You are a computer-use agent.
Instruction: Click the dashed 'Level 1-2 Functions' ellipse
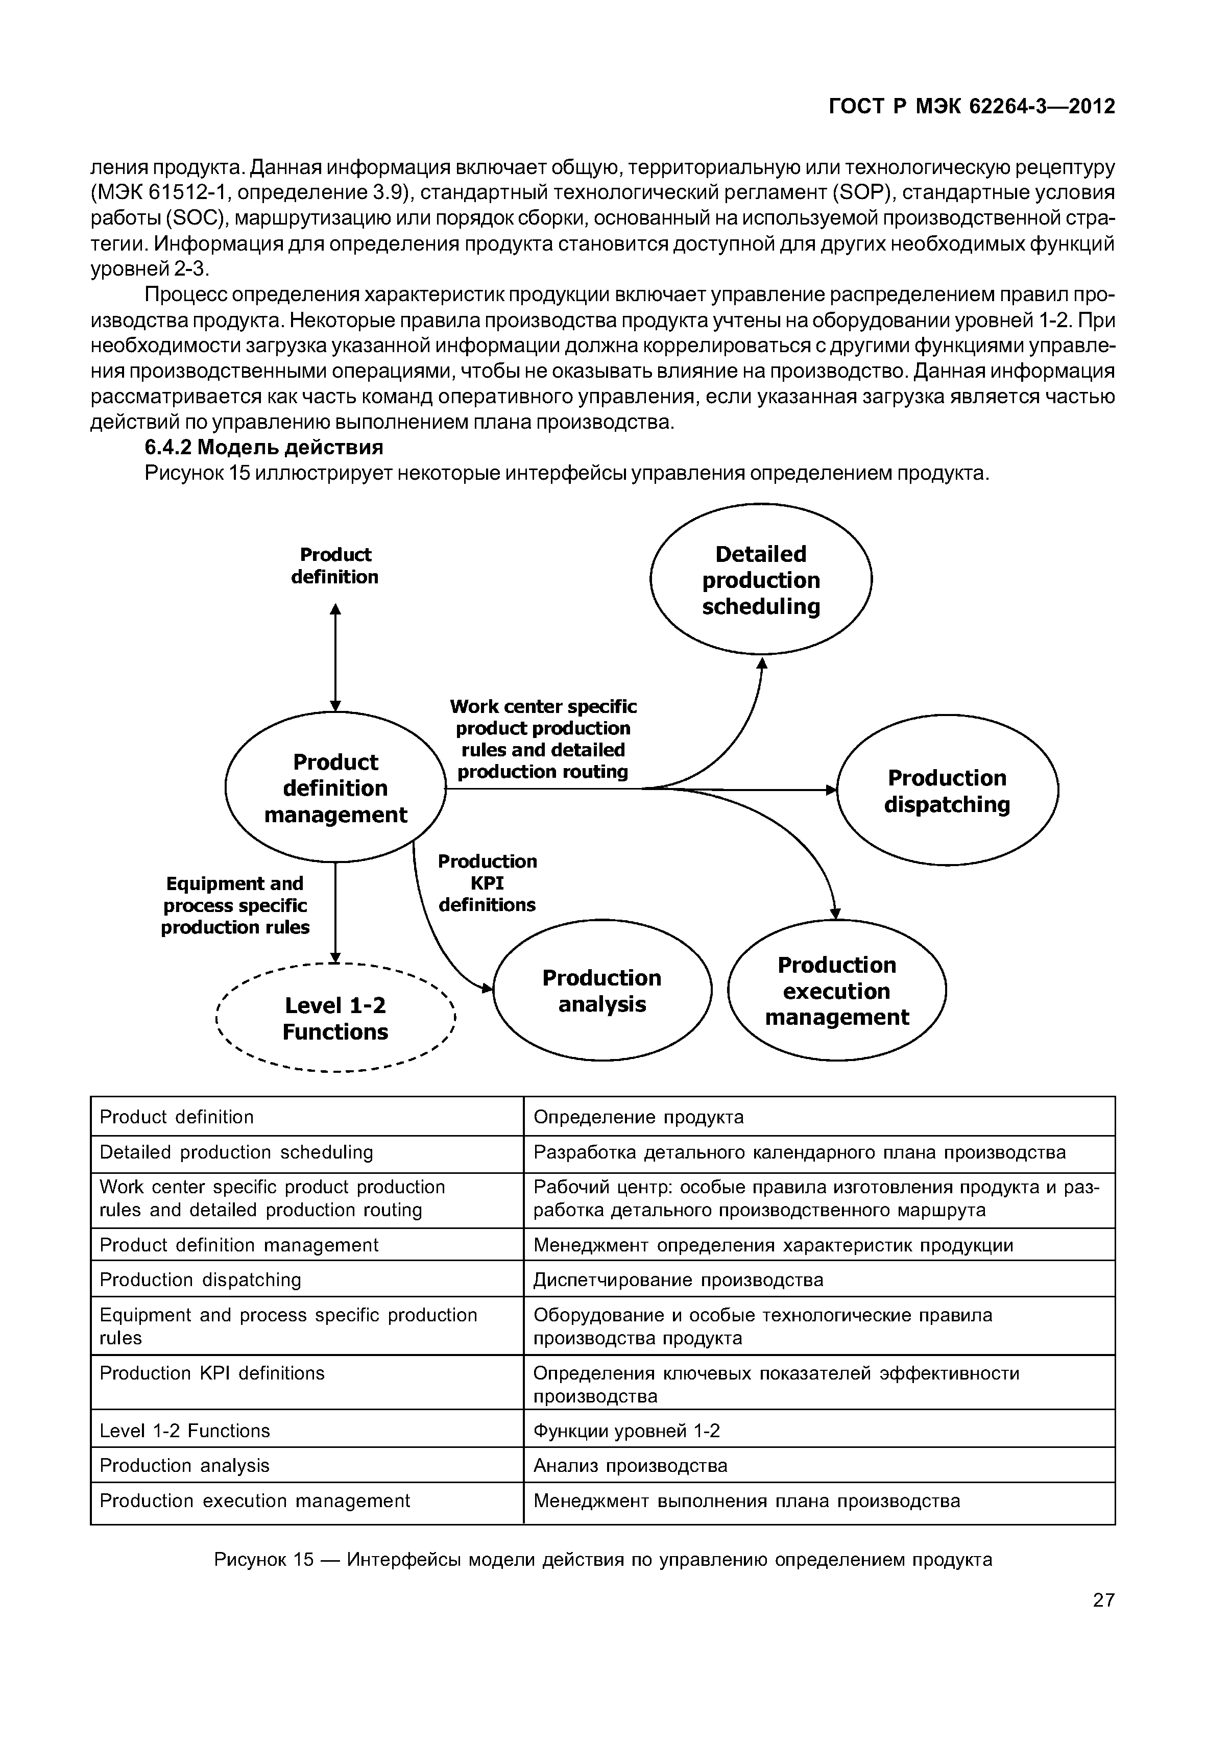click(335, 1018)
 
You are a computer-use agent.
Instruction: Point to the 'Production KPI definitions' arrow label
click(488, 882)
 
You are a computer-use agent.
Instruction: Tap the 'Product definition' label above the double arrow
click(335, 565)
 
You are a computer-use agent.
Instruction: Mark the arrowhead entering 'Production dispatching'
click(831, 790)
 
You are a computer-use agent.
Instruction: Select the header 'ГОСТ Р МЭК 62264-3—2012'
click(972, 107)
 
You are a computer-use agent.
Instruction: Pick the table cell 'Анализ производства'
click(630, 1465)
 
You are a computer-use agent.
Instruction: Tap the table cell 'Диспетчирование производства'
click(678, 1279)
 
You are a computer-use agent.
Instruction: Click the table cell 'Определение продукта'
click(639, 1117)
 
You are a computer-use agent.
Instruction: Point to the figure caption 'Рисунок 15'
click(602, 1559)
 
